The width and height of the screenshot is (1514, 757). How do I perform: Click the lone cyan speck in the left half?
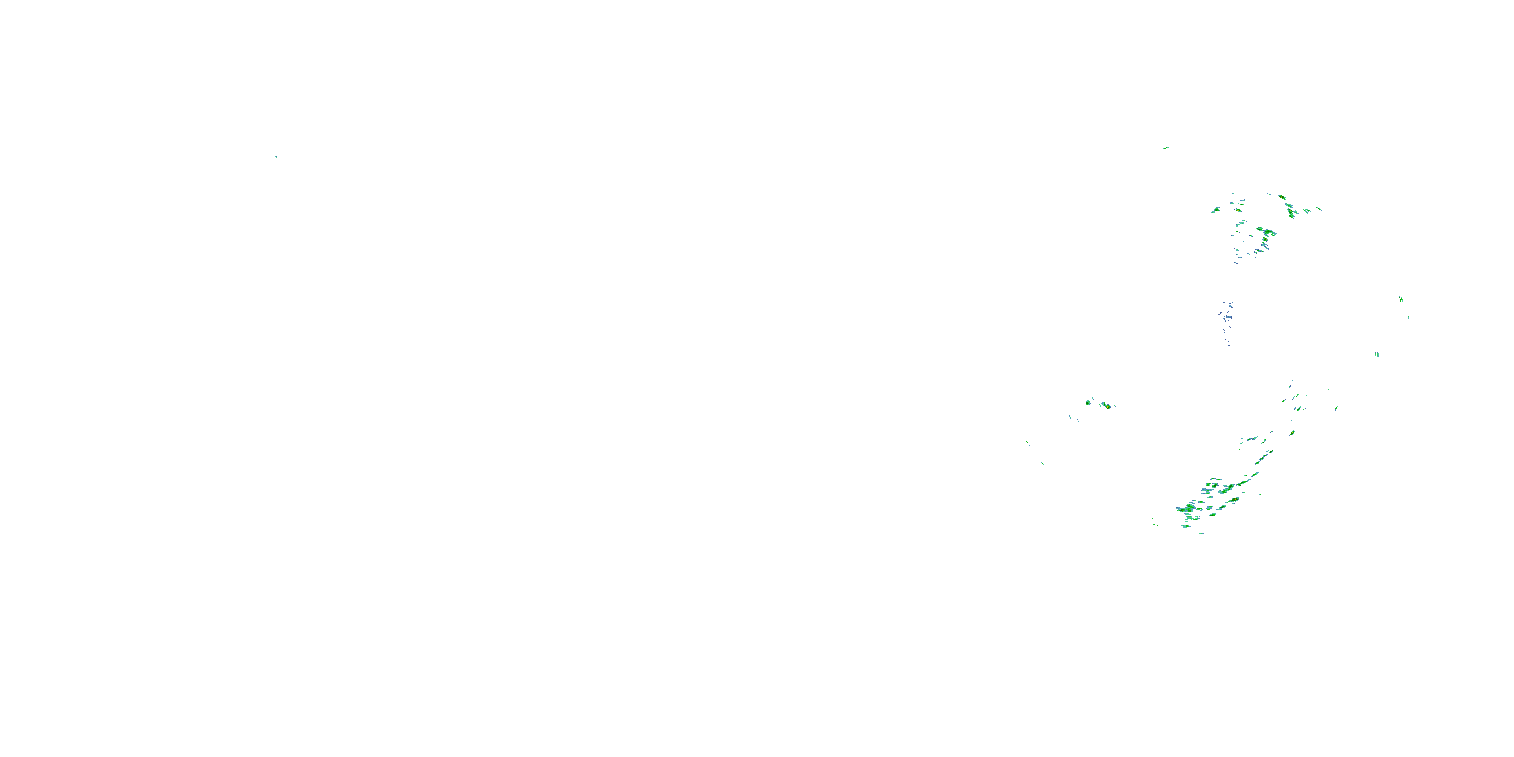(x=275, y=156)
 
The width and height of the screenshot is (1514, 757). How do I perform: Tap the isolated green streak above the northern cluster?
(x=1165, y=148)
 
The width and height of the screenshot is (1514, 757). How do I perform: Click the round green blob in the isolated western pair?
(x=1088, y=402)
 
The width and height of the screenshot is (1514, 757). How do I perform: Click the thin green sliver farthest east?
(x=1408, y=317)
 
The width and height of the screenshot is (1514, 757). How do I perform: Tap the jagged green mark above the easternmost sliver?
(x=1401, y=299)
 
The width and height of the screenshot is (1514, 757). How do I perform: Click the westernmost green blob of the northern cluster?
(x=1215, y=210)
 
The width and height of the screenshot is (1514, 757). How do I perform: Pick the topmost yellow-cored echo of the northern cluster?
(x=1282, y=198)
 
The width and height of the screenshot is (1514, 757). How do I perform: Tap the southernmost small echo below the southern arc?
(x=1201, y=533)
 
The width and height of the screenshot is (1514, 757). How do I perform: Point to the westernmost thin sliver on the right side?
(x=1028, y=443)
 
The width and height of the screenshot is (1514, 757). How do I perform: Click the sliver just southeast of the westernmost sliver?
(x=1042, y=463)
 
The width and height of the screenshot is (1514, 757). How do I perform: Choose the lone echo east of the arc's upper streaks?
(x=1336, y=408)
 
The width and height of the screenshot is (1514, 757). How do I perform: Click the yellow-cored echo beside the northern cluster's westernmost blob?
(x=1238, y=210)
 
